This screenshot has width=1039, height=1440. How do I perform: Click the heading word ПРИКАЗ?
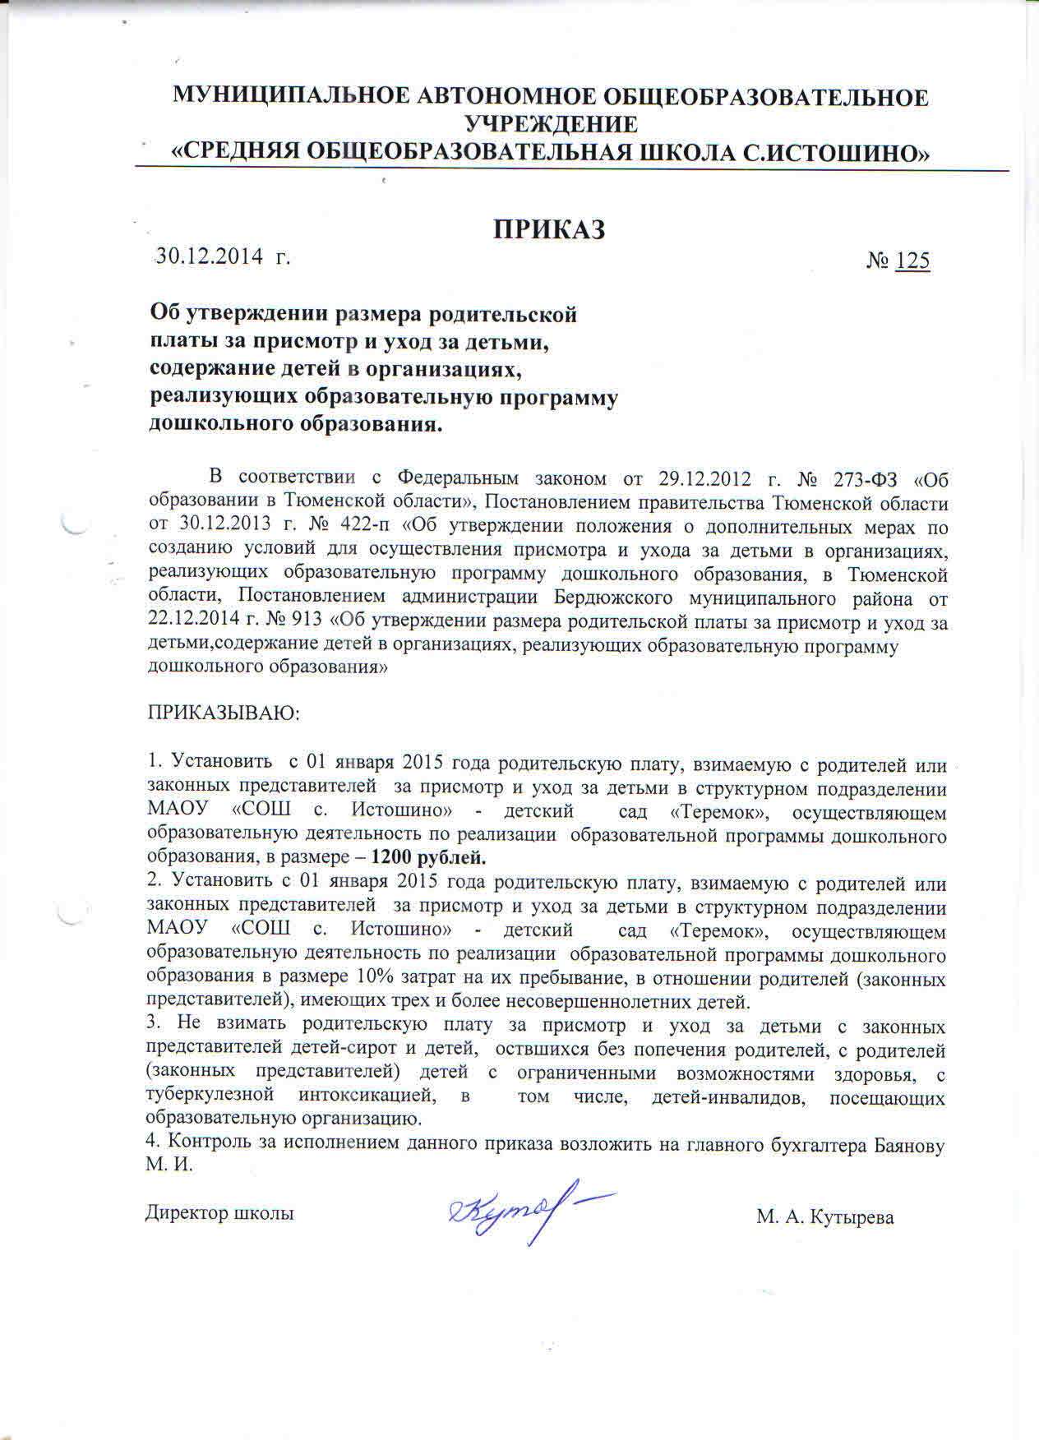[549, 229]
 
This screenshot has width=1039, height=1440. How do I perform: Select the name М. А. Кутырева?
[824, 1218]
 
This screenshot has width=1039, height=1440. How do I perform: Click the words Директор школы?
[219, 1212]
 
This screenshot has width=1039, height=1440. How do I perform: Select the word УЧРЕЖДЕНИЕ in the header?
[551, 124]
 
